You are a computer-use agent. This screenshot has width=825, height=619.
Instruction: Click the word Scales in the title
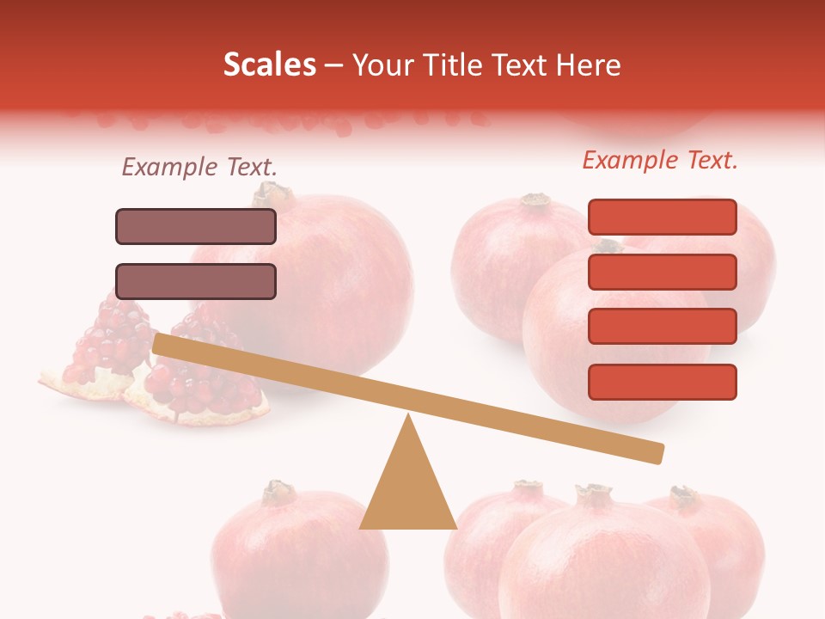click(269, 64)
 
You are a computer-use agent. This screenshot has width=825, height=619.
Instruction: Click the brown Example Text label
click(199, 167)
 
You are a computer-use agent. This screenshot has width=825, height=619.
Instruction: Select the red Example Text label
click(660, 160)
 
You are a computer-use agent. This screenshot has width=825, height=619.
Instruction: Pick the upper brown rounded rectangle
click(196, 226)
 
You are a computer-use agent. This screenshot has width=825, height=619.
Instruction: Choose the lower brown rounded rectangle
click(196, 281)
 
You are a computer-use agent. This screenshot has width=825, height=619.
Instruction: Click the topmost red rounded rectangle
click(662, 217)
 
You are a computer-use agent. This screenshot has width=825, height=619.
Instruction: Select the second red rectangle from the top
click(662, 272)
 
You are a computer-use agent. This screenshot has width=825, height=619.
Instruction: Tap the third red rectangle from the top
click(662, 327)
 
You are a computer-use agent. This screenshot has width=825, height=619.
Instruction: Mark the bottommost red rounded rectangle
click(662, 382)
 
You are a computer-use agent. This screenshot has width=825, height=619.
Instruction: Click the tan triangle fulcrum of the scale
click(407, 490)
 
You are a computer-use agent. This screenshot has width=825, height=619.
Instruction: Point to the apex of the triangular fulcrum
click(408, 416)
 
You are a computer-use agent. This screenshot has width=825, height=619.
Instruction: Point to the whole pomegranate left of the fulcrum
click(288, 550)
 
